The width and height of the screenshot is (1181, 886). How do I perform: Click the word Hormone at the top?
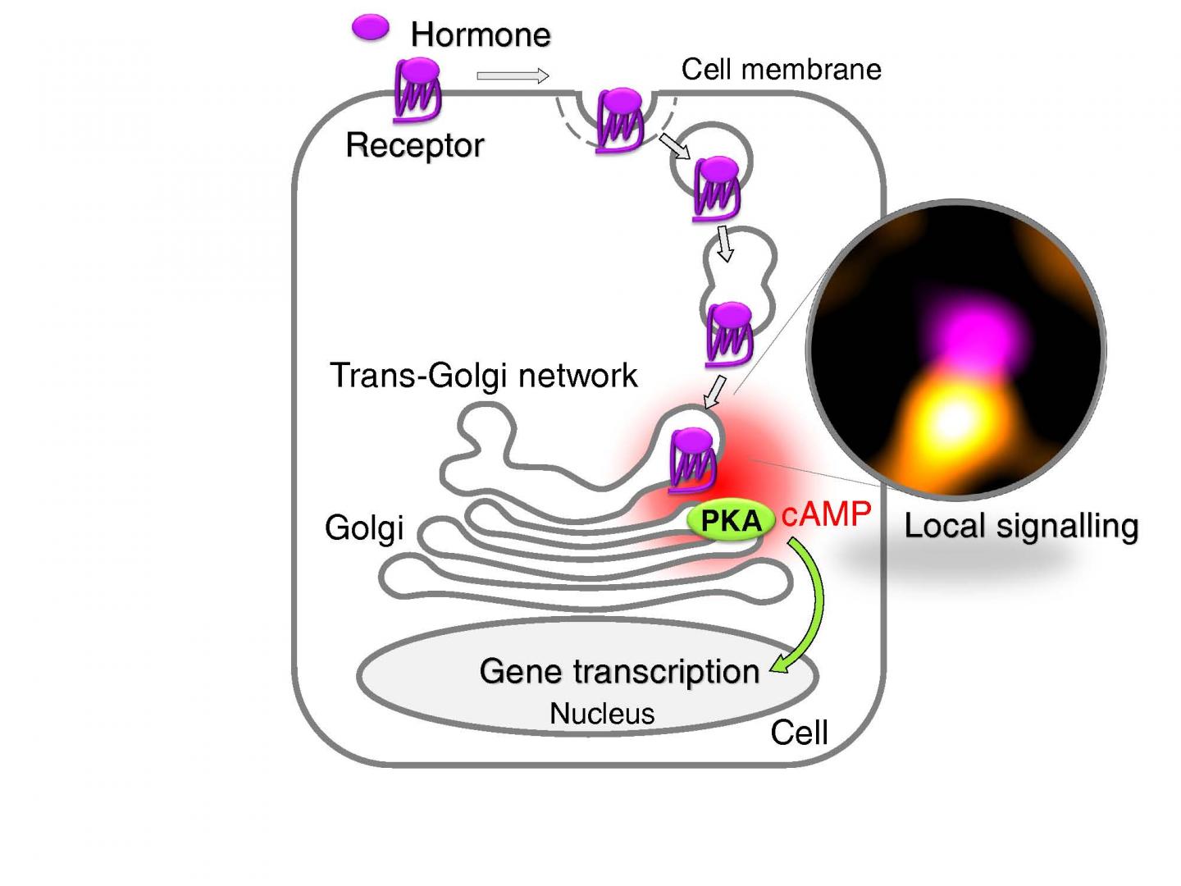[x=480, y=34]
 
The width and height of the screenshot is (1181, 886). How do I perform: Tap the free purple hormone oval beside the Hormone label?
[x=370, y=28]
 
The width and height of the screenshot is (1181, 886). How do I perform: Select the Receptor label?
[x=414, y=145]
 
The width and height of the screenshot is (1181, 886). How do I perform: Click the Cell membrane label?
[x=781, y=69]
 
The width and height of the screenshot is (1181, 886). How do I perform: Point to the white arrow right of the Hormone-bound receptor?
[x=513, y=76]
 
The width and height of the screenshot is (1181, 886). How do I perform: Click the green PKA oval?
[x=730, y=520]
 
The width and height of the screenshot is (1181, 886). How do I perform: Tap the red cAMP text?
[x=826, y=514]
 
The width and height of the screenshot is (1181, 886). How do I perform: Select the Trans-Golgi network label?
[x=483, y=375]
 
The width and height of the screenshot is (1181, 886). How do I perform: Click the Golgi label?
[x=364, y=527]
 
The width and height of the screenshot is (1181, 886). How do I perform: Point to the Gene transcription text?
[x=619, y=671]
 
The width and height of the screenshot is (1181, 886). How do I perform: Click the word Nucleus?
[x=602, y=713]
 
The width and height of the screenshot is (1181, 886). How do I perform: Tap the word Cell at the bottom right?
[x=799, y=733]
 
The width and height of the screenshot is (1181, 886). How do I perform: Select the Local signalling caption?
[x=1021, y=526]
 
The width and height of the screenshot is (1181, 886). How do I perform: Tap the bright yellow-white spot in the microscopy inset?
[x=952, y=420]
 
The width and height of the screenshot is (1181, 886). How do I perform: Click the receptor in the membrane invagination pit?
[x=620, y=121]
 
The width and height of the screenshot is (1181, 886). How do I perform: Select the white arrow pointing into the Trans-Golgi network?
[x=714, y=392]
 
